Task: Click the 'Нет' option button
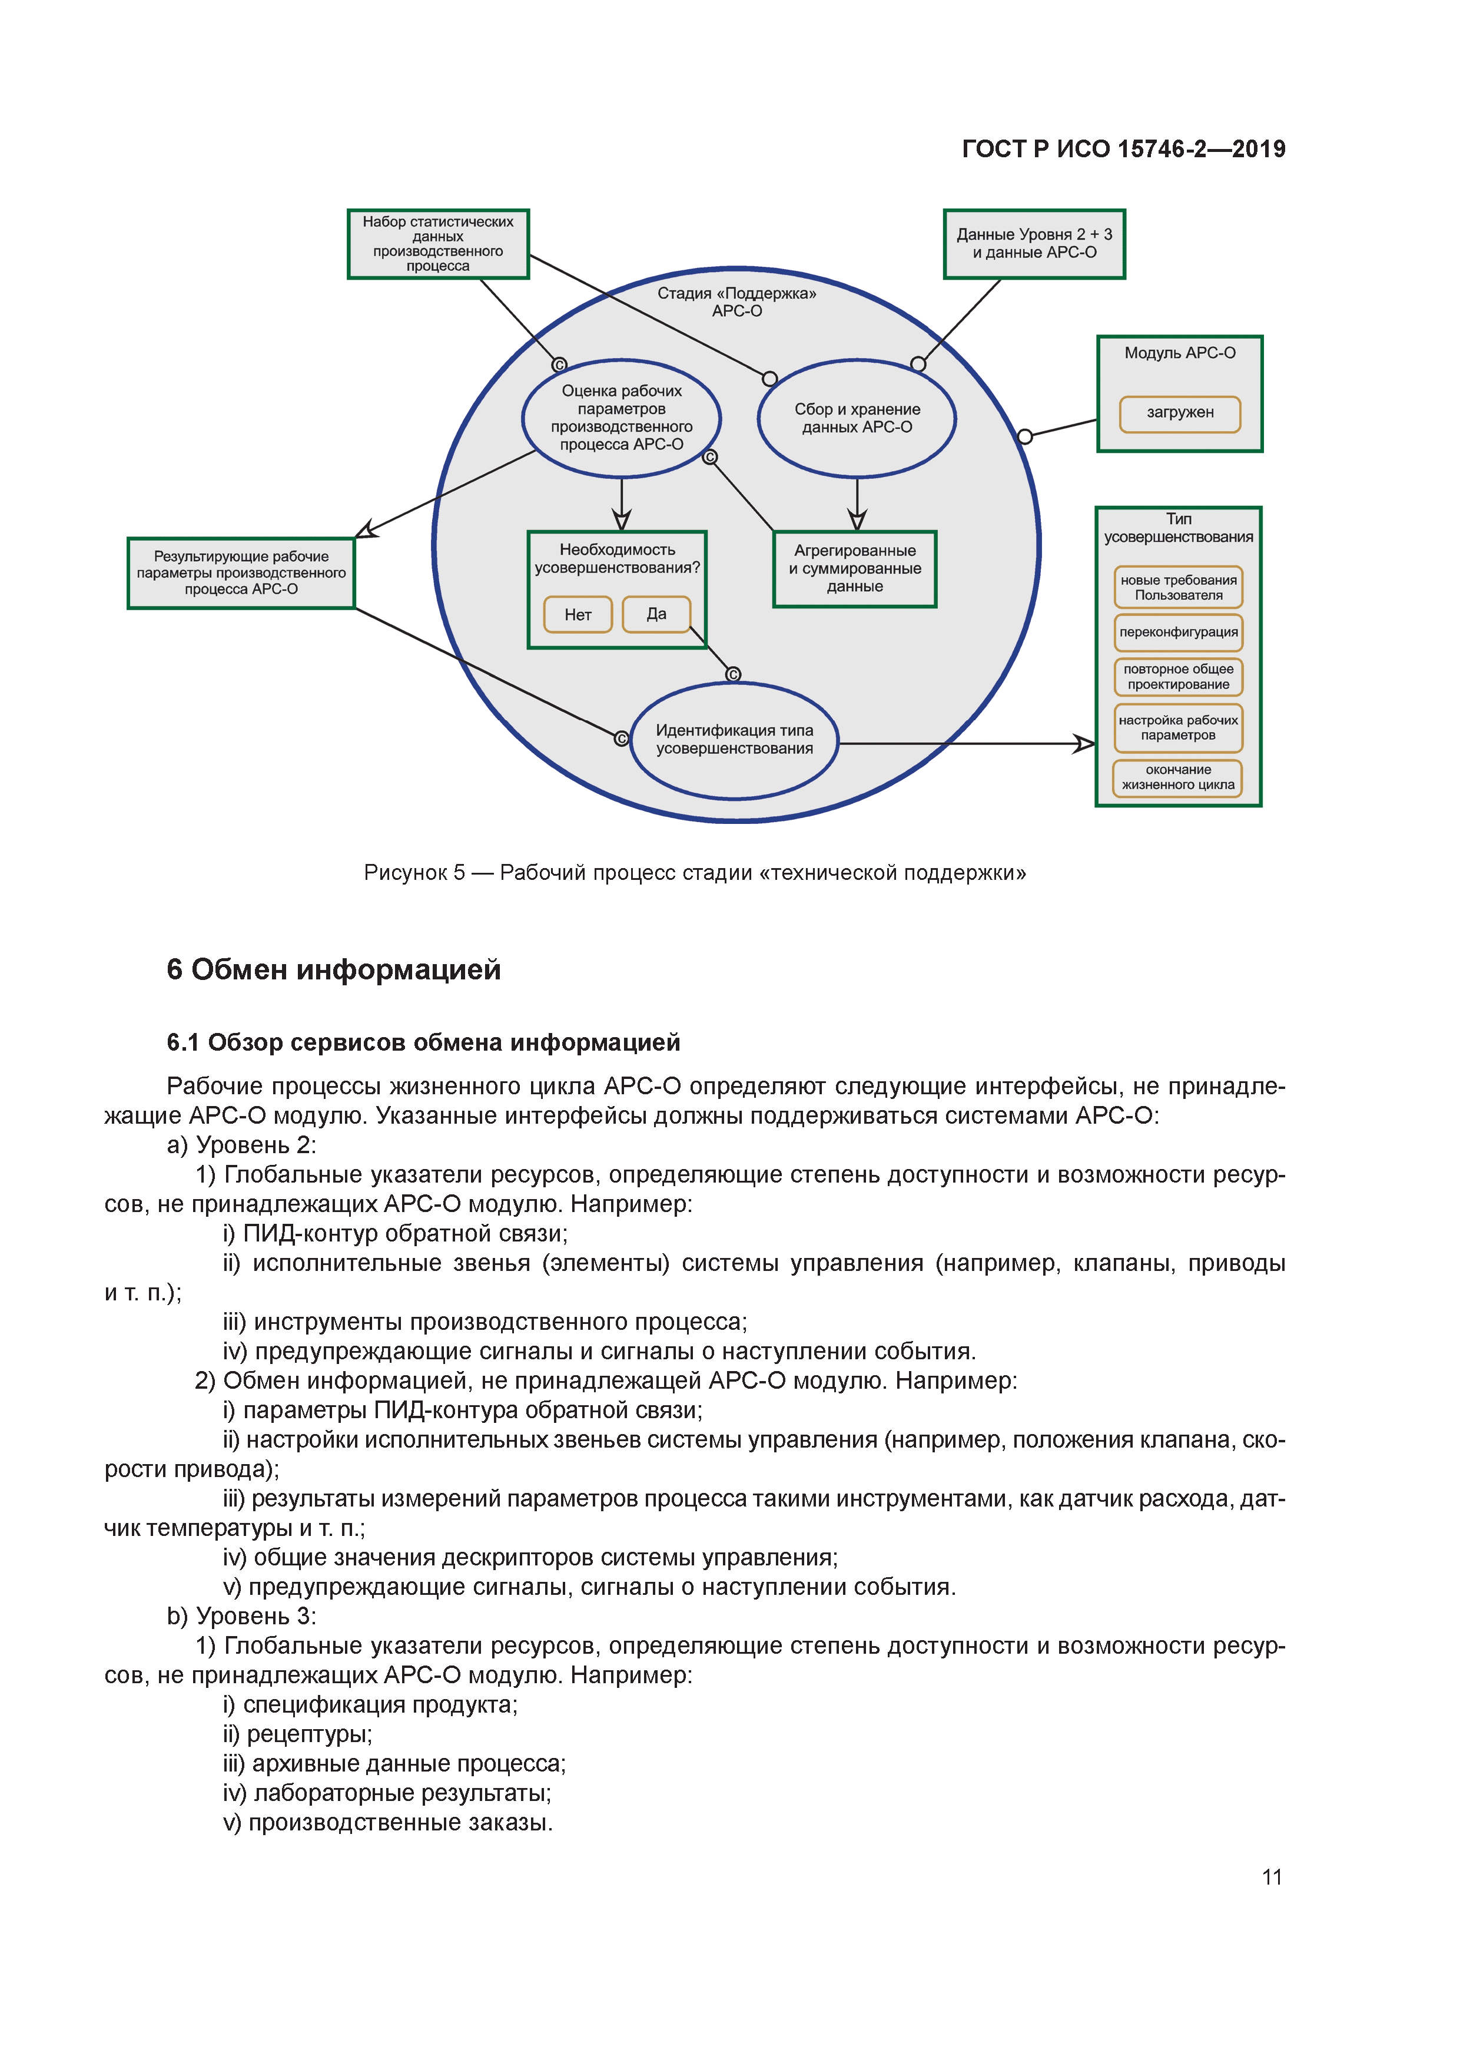[578, 615]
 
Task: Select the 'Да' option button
[656, 614]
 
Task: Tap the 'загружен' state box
[1179, 413]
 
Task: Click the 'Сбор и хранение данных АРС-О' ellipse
[857, 418]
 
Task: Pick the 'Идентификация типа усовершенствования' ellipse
[734, 740]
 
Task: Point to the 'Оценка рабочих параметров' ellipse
[620, 418]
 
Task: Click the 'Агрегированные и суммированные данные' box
[855, 569]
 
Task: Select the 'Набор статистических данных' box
[438, 244]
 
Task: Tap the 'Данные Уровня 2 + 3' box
[1034, 244]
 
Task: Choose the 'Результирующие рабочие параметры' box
[241, 573]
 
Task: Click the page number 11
[1271, 1877]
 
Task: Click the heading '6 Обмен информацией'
[334, 970]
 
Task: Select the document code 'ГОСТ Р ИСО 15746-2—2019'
[1124, 150]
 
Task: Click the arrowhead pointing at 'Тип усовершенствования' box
[1085, 744]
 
